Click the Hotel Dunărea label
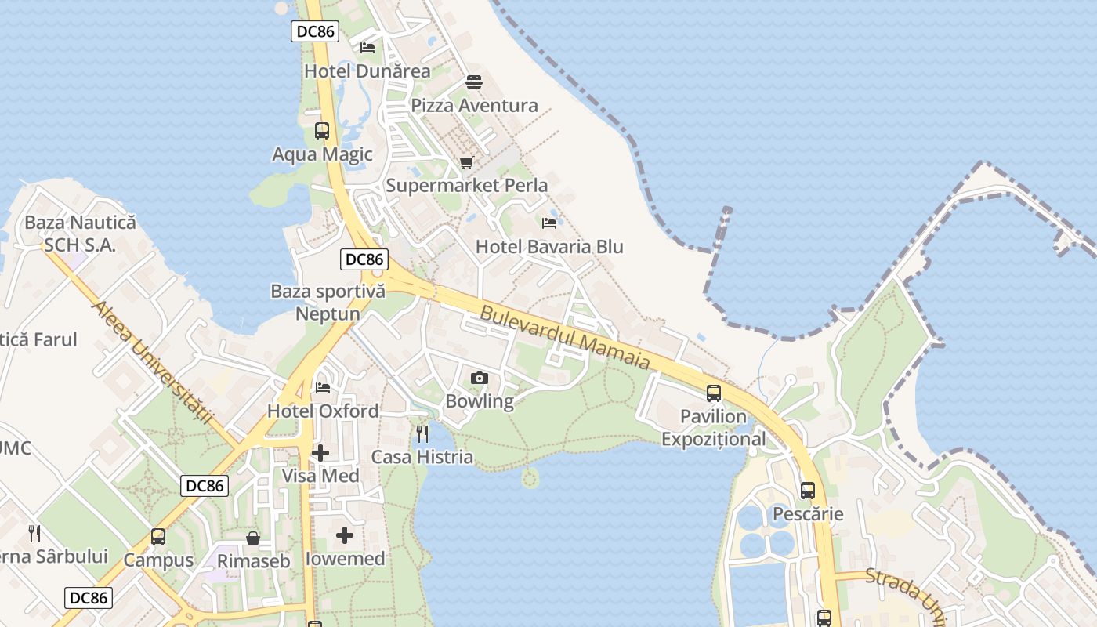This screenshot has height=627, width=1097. click(367, 71)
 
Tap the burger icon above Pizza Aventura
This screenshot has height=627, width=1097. click(473, 82)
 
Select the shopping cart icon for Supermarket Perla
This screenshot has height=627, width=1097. click(467, 162)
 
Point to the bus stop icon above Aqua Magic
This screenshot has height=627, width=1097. click(321, 131)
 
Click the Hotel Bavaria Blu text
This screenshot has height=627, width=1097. click(549, 247)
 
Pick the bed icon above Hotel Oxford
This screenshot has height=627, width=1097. click(322, 387)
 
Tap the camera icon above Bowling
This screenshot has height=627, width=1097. click(480, 379)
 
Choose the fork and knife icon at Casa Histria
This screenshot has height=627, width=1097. click(422, 433)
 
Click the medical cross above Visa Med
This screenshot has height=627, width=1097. click(320, 453)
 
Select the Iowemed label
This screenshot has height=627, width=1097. click(345, 559)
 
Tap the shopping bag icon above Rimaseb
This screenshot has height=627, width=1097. click(253, 538)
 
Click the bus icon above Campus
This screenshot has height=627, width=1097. click(158, 537)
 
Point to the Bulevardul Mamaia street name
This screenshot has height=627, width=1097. click(565, 338)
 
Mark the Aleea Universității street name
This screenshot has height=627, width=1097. click(153, 361)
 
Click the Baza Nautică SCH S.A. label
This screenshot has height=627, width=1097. click(80, 234)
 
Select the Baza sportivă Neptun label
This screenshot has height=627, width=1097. click(328, 303)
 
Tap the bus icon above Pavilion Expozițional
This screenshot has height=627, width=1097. click(713, 393)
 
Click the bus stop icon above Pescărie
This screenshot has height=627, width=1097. click(808, 491)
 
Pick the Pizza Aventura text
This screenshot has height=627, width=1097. click(474, 106)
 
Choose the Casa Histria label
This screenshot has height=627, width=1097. click(422, 457)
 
